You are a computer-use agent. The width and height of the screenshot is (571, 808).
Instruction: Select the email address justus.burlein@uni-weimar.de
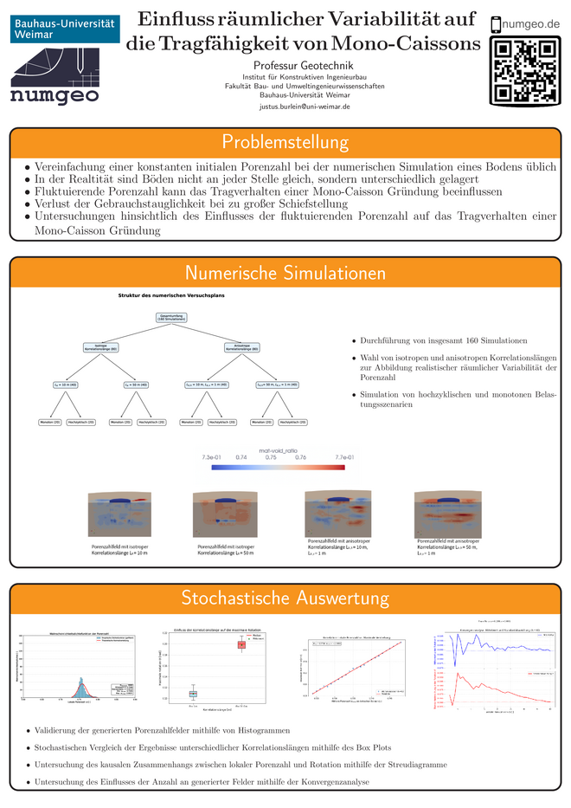(x=305, y=107)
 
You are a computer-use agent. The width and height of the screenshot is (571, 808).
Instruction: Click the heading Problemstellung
(x=285, y=142)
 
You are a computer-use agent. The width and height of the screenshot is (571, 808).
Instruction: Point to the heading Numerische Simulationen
(x=285, y=274)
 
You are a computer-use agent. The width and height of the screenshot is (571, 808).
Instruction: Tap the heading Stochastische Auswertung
(x=285, y=598)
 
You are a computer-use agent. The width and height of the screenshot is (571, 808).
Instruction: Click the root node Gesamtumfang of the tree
(x=173, y=318)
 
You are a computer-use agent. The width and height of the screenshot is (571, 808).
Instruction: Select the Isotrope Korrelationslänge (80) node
(x=106, y=347)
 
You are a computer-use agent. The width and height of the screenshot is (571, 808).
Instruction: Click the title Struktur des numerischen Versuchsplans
(x=171, y=296)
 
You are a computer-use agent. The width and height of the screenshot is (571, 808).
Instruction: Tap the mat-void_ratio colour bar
(x=277, y=468)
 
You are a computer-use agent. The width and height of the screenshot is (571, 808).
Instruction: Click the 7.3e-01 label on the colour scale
(x=211, y=456)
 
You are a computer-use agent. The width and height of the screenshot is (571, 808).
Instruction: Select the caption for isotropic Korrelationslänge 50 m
(x=227, y=549)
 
